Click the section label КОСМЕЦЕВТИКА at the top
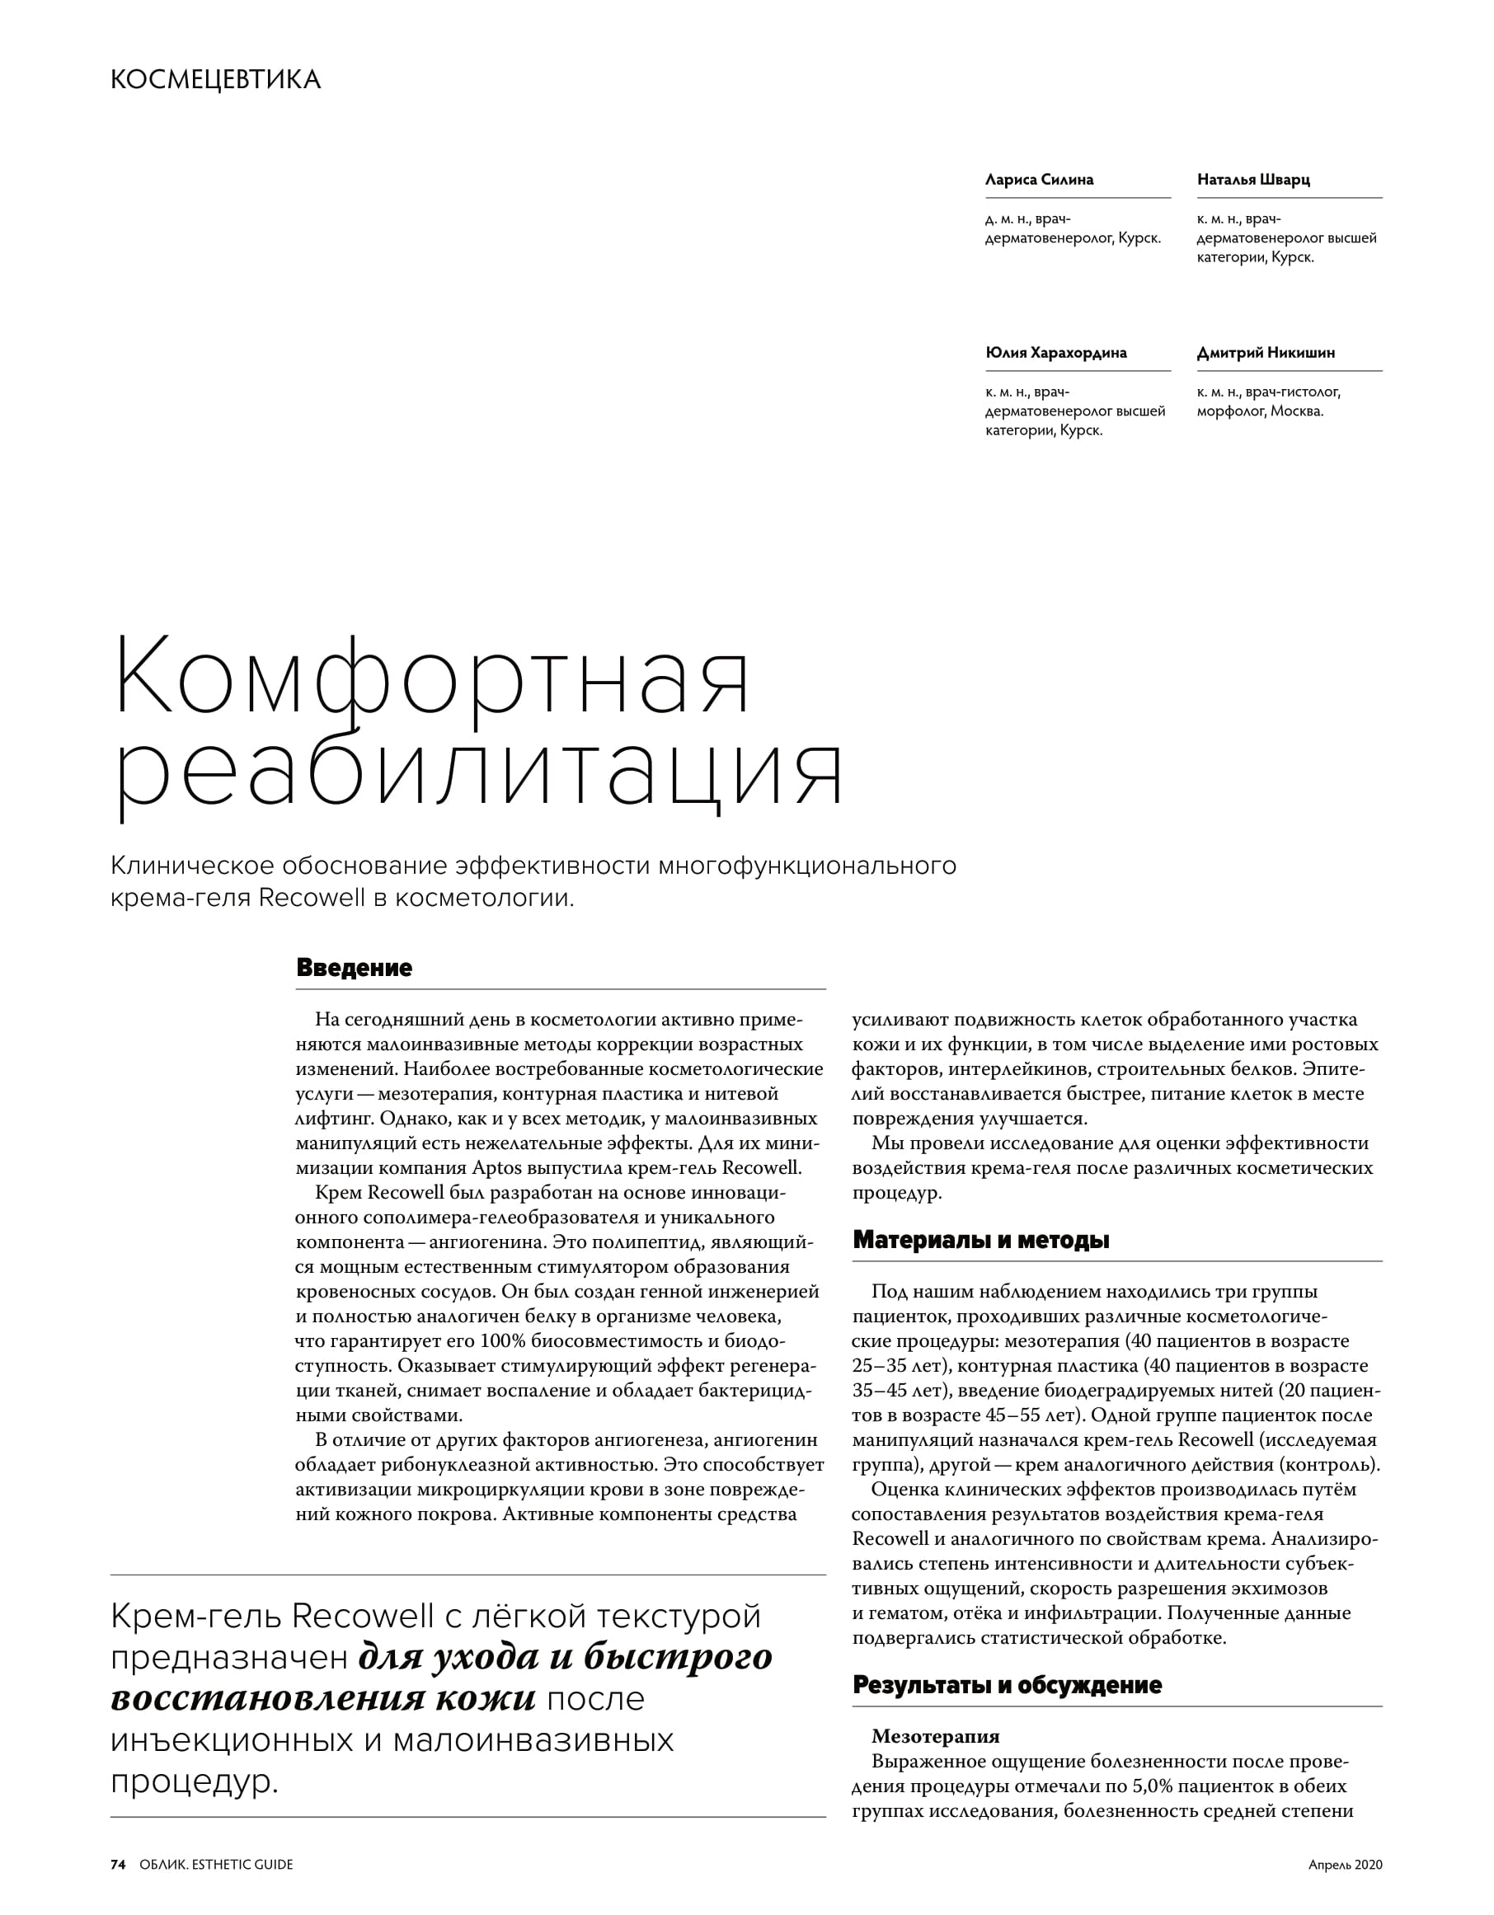pyautogui.click(x=216, y=80)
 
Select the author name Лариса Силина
pyautogui.click(x=1039, y=180)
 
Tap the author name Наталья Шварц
pyautogui.click(x=1253, y=180)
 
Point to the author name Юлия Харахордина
pyautogui.click(x=1055, y=353)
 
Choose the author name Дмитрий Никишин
pyautogui.click(x=1265, y=353)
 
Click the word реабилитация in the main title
pyautogui.click(x=480, y=774)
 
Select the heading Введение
pyautogui.click(x=355, y=968)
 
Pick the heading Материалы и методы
pyautogui.click(x=980, y=1240)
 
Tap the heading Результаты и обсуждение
pyautogui.click(x=1007, y=1684)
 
